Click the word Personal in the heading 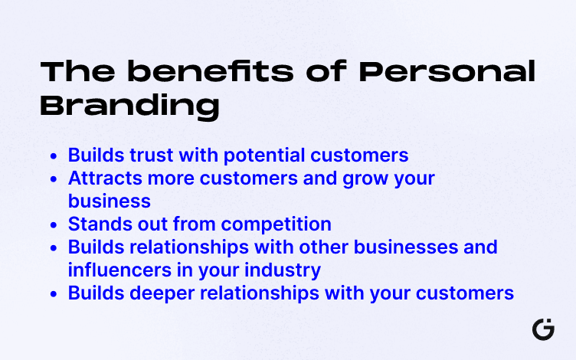[x=448, y=73]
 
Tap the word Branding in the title [x=129, y=106]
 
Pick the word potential [x=265, y=155]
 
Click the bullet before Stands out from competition [x=53, y=225]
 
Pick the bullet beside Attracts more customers [x=53, y=179]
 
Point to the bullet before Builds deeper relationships [x=53, y=294]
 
